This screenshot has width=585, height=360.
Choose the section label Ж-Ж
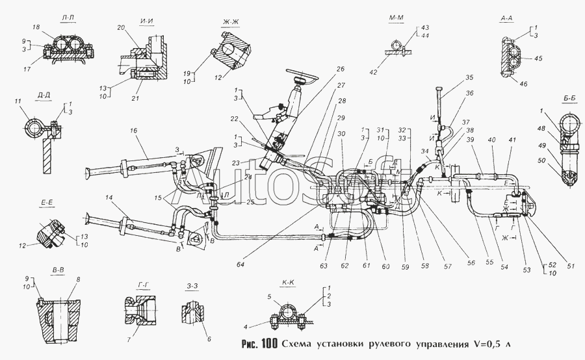pyautogui.click(x=230, y=23)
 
